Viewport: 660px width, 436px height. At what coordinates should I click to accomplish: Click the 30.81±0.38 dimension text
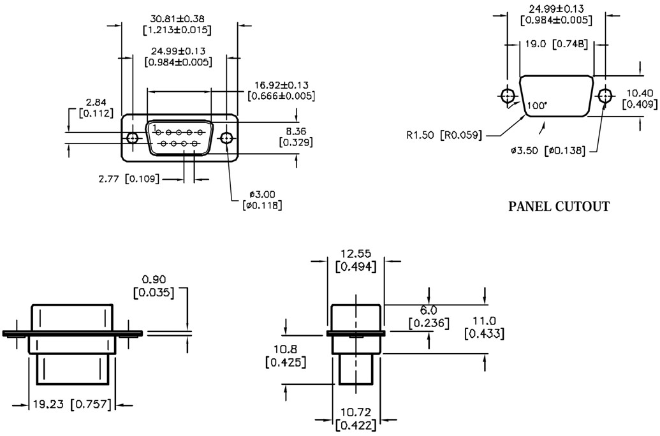pos(177,19)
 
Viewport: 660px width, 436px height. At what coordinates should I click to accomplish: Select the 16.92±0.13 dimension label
pos(281,85)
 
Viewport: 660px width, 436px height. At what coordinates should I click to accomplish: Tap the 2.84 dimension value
pos(96,102)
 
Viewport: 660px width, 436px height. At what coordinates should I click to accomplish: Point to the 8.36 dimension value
pos(296,131)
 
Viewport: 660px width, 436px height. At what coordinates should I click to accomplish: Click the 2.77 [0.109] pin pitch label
pos(129,179)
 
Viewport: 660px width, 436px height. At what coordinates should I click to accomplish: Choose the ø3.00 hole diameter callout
pos(262,194)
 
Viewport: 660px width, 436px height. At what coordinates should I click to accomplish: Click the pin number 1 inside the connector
pos(155,127)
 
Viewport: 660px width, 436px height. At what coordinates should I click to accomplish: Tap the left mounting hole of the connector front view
pos(133,138)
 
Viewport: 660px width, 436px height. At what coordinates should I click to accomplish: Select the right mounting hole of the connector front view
pos(227,138)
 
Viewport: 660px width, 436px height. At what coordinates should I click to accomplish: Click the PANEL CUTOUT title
pos(559,207)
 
